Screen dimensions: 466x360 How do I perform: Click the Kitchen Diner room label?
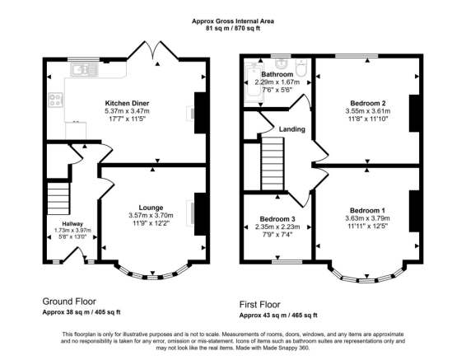point(127,104)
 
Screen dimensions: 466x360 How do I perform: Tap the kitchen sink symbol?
point(84,70)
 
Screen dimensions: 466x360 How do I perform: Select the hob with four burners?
point(56,100)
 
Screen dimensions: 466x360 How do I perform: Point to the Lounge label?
point(151,208)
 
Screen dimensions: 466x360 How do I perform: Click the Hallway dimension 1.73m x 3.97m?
point(72,231)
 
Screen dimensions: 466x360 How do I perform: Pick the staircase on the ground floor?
point(58,199)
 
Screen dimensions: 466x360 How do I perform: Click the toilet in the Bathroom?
point(301,68)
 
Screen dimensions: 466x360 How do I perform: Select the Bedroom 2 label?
point(368,104)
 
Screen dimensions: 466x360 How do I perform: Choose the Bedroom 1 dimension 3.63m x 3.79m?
point(367,218)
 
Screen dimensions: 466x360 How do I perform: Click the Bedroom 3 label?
point(277,219)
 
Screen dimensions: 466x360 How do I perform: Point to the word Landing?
point(291,129)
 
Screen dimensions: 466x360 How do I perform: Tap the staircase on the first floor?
point(273,163)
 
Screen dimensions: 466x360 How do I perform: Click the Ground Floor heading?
point(69,302)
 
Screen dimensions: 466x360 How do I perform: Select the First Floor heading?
point(259,305)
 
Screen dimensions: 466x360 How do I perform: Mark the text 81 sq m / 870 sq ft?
point(233,29)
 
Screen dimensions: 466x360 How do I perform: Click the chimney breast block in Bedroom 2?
point(414,113)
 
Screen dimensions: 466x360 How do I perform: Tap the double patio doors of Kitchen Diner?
point(153,50)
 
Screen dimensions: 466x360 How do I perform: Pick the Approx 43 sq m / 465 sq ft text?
point(278,316)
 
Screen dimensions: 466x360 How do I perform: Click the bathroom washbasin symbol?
point(280,63)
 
